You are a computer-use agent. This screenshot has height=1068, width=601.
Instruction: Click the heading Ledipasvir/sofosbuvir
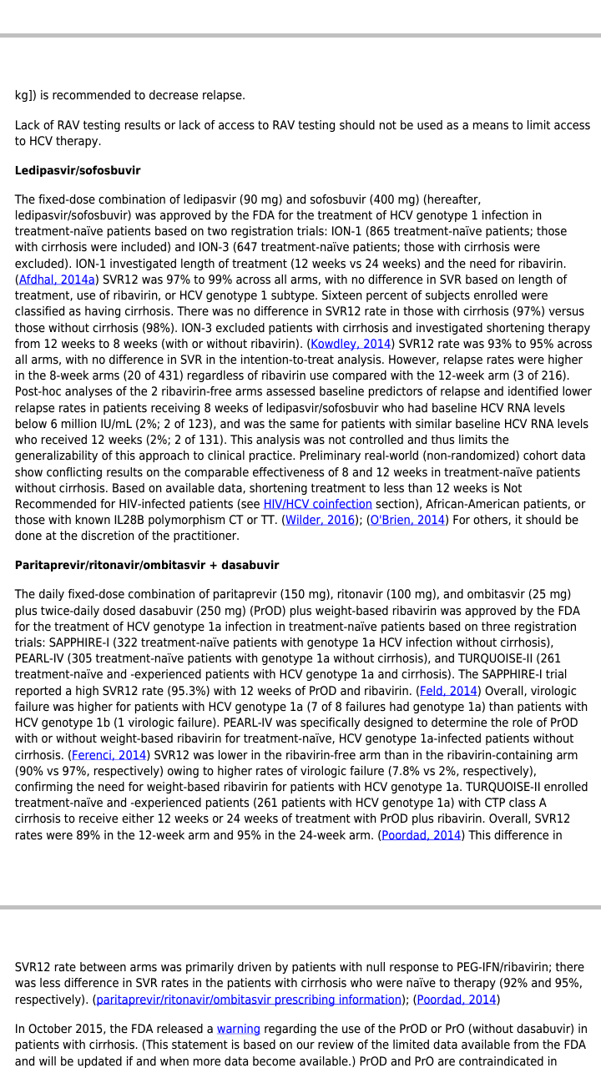pyautogui.click(x=78, y=171)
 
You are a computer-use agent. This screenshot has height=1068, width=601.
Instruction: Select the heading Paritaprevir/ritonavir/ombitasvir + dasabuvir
pyautogui.click(x=147, y=566)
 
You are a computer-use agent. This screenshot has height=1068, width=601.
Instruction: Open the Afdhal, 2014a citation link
pyautogui.click(x=57, y=280)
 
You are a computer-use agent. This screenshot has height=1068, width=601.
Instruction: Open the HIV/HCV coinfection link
pyautogui.click(x=317, y=504)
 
